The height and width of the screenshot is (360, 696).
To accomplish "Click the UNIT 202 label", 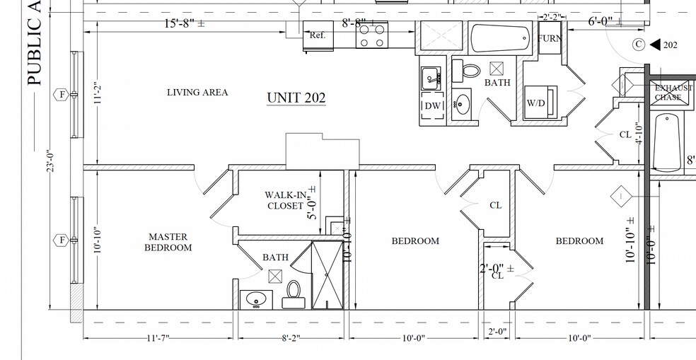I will pos(296,98).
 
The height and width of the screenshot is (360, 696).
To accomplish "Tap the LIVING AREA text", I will pos(197,93).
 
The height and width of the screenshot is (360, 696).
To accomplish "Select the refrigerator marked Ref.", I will pos(318,36).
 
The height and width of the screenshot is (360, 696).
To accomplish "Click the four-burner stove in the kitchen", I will pos(371,35).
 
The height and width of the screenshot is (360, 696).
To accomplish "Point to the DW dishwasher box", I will pos(432,105).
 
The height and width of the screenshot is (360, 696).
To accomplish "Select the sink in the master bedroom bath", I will pos(255,299).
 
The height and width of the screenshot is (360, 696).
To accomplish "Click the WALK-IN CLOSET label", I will pos(285,200).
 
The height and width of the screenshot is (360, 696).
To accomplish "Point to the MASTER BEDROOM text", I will pos(168,242).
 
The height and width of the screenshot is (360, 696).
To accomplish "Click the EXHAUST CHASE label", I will pos(673,93).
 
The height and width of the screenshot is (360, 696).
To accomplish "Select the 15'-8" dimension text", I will pos(185,23).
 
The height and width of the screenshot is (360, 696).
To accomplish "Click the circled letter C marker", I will pos(639,45).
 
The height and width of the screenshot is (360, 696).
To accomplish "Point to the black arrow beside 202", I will pos(654,45).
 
